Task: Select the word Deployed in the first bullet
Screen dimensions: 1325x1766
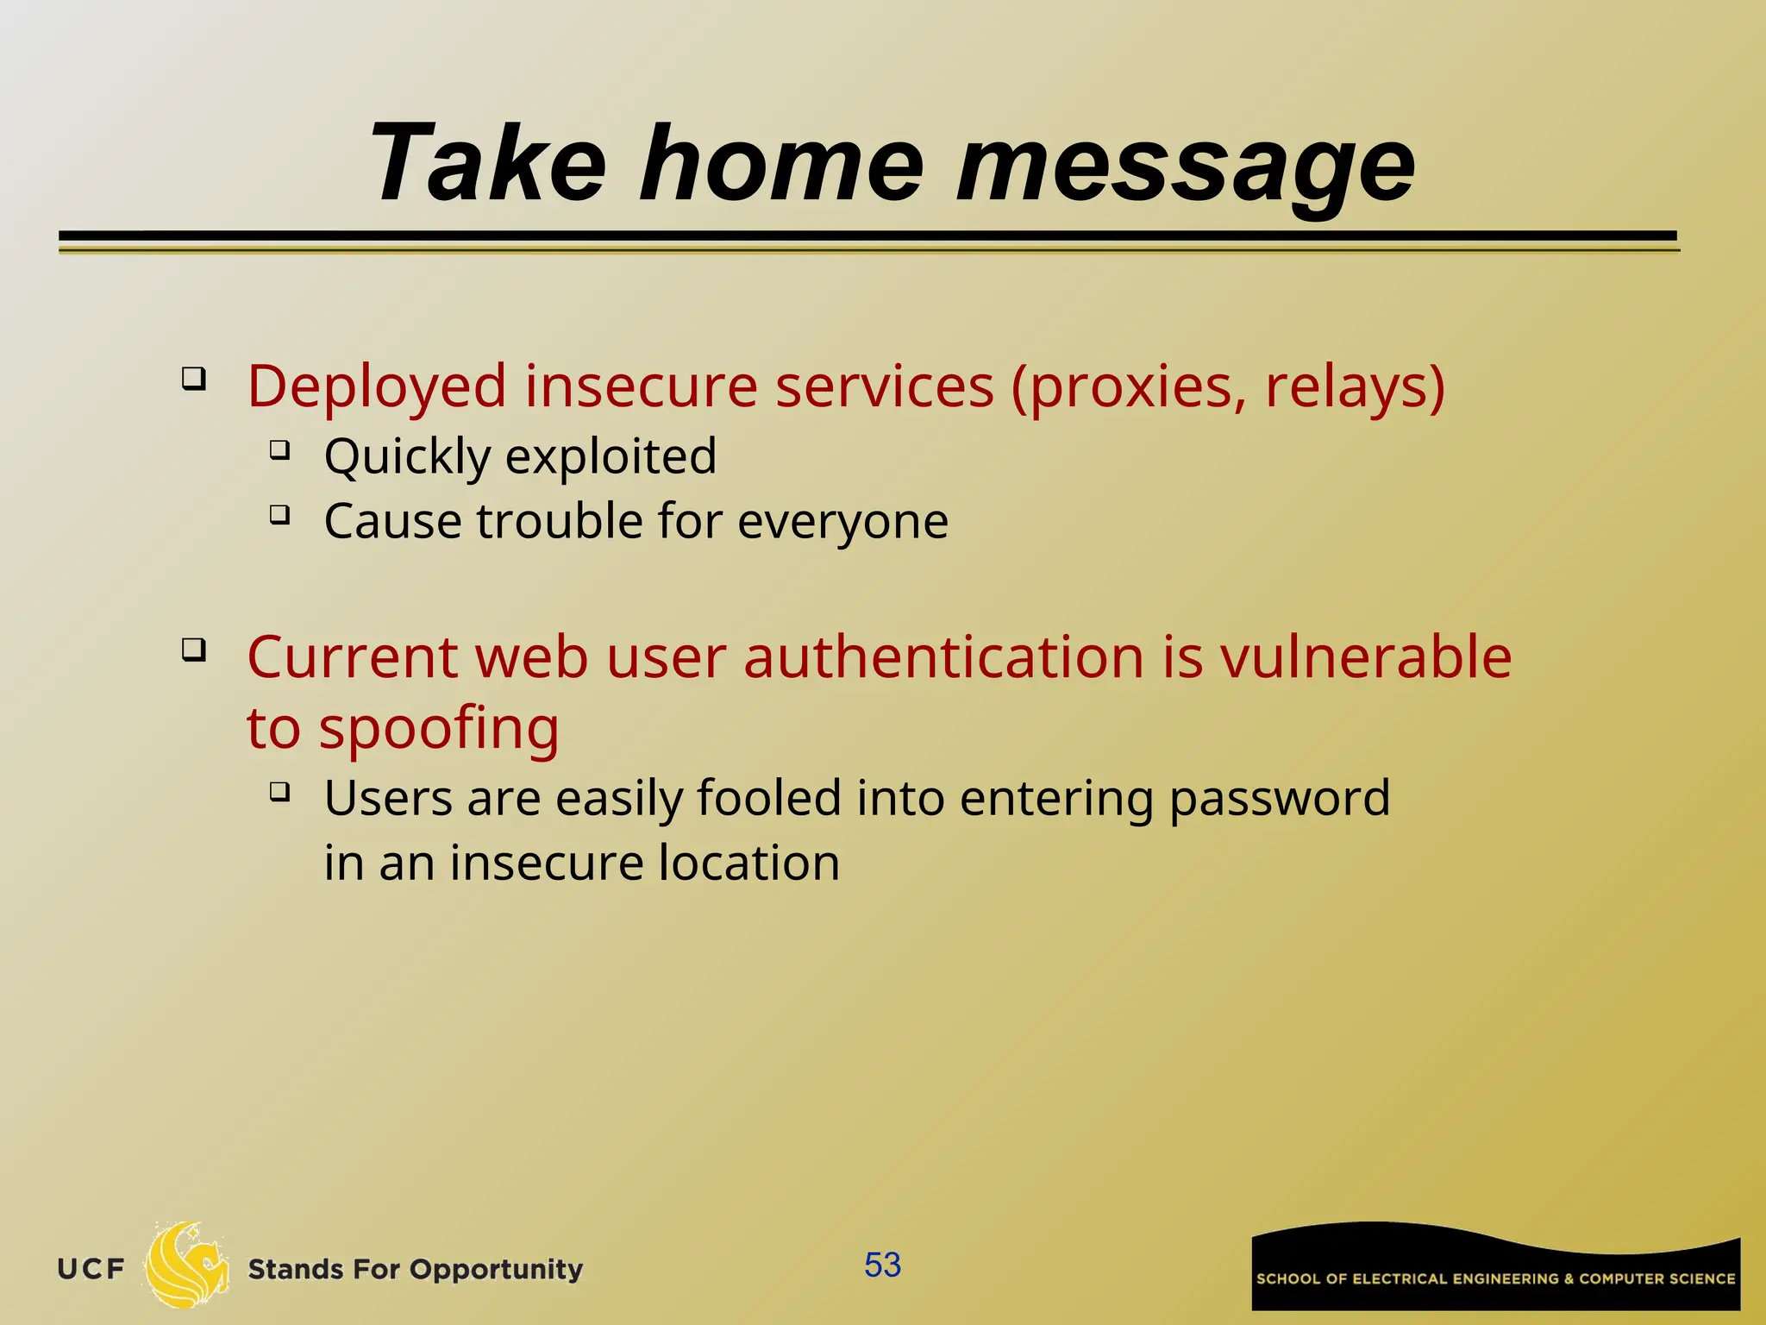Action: tap(377, 386)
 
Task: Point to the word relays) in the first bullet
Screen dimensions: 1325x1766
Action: tap(1355, 386)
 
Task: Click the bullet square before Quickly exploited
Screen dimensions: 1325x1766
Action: tap(279, 449)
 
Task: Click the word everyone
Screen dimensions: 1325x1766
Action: tap(842, 521)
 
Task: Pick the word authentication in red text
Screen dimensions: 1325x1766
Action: tap(943, 657)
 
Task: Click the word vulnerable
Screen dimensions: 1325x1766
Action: tap(1365, 657)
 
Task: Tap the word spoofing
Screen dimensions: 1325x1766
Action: tap(439, 729)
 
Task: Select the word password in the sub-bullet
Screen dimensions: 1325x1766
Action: tap(1279, 798)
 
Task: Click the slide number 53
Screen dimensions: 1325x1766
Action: tap(882, 1265)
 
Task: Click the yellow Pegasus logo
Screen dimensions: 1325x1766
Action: tap(186, 1265)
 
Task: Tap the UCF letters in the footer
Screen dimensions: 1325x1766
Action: tap(91, 1269)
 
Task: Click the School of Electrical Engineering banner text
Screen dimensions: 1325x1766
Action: tap(1495, 1278)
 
